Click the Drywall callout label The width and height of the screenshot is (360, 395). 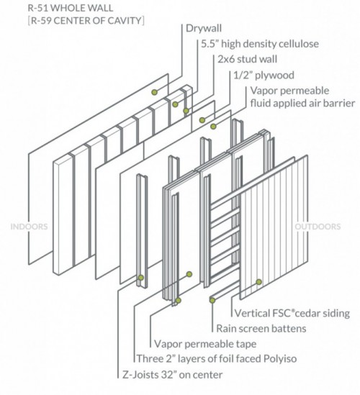(x=204, y=29)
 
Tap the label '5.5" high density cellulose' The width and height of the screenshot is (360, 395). (x=260, y=44)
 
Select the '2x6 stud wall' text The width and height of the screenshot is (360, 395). (x=247, y=59)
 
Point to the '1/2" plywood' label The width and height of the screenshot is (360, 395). (x=264, y=76)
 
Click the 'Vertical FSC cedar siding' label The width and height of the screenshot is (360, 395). (x=292, y=313)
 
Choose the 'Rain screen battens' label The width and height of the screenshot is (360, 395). (x=261, y=329)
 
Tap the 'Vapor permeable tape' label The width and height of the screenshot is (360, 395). (x=205, y=344)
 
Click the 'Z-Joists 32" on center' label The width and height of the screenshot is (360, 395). (x=172, y=375)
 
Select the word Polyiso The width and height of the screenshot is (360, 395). (x=280, y=359)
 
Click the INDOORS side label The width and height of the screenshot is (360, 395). (x=29, y=227)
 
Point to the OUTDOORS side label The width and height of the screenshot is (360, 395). (x=318, y=227)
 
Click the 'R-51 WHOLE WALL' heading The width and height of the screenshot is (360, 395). (x=71, y=8)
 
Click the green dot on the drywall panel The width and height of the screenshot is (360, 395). (x=155, y=92)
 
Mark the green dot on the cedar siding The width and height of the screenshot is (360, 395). (x=259, y=282)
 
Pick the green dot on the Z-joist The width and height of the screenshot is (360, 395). (x=141, y=278)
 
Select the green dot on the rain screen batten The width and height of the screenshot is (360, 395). (x=212, y=300)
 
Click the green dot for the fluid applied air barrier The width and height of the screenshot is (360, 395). (x=213, y=127)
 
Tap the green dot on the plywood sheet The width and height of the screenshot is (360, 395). (x=202, y=120)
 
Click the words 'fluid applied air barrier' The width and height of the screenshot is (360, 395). (x=303, y=104)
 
